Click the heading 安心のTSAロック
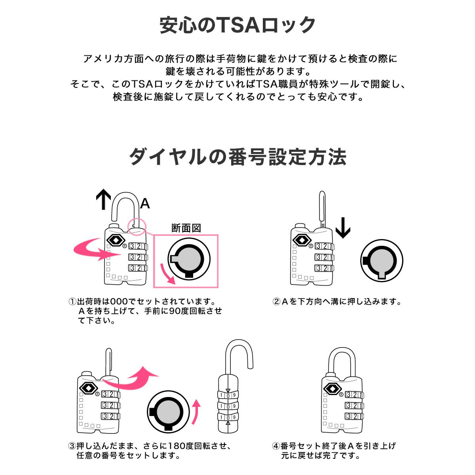coord(237,25)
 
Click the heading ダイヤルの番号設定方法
coord(237,157)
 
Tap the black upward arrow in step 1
coord(104,199)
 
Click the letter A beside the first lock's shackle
coord(145,204)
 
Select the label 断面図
coord(186,228)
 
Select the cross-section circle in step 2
coord(382,260)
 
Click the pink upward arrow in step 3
coord(196,412)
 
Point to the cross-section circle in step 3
coord(168,411)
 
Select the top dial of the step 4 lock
coord(354,395)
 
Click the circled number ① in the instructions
coord(72,302)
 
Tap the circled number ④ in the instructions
coord(276,446)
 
